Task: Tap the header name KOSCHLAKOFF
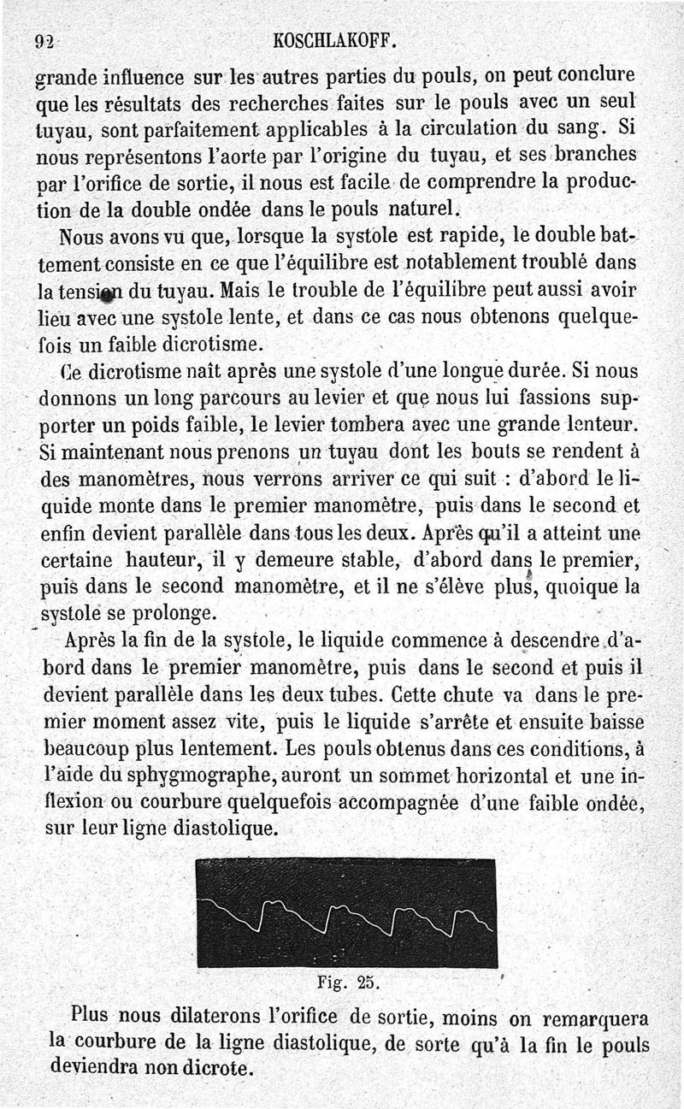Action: (x=334, y=39)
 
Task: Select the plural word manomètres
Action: (x=111, y=478)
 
